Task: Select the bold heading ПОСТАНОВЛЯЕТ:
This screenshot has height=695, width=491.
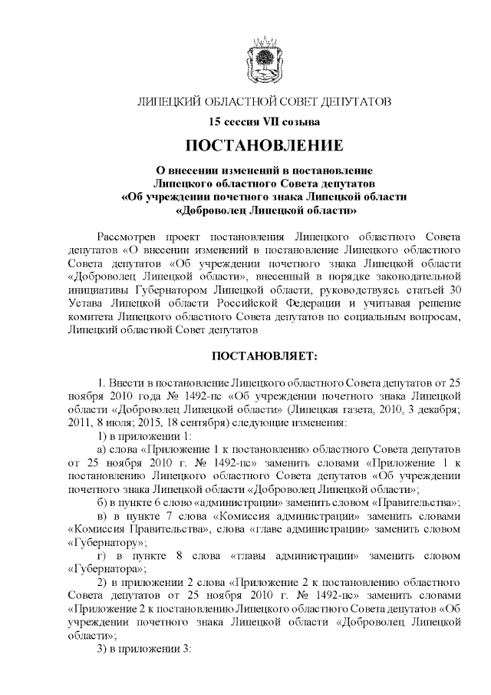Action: [x=264, y=356]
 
